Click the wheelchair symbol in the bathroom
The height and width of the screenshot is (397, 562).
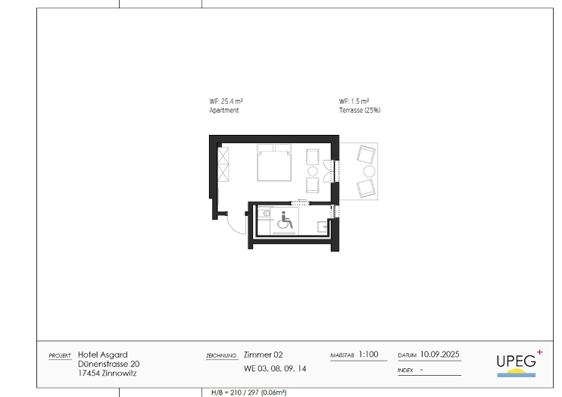286,220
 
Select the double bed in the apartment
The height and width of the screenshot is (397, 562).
274,162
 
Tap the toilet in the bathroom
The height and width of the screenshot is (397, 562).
266,214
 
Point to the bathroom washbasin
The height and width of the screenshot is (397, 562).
323,227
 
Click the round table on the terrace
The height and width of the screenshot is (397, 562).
369,171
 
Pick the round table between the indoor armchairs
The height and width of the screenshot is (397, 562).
313,171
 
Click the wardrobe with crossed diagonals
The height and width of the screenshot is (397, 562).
223,164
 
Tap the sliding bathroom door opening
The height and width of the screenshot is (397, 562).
300,203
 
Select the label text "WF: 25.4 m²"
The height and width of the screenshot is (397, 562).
226,102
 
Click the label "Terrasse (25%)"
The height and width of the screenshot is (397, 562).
360,111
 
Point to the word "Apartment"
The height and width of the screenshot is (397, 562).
224,111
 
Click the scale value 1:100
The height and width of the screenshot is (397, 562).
368,355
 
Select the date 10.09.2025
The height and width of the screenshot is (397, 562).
439,355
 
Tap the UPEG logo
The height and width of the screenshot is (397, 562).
519,364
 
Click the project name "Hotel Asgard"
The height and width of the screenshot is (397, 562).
102,355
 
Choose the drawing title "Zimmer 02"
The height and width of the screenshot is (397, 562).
263,355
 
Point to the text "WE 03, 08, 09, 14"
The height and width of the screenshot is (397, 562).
275,369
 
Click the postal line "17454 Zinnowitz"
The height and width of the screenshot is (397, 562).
107,373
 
